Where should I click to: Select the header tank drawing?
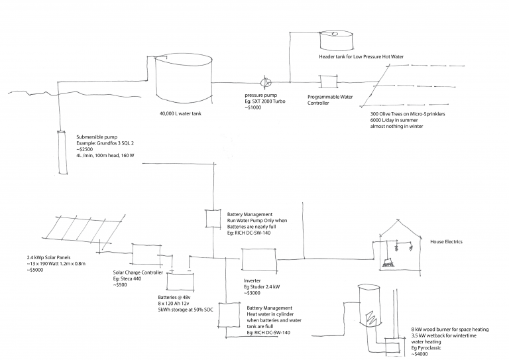[x=337, y=39]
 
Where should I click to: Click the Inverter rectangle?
[x=259, y=259]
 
